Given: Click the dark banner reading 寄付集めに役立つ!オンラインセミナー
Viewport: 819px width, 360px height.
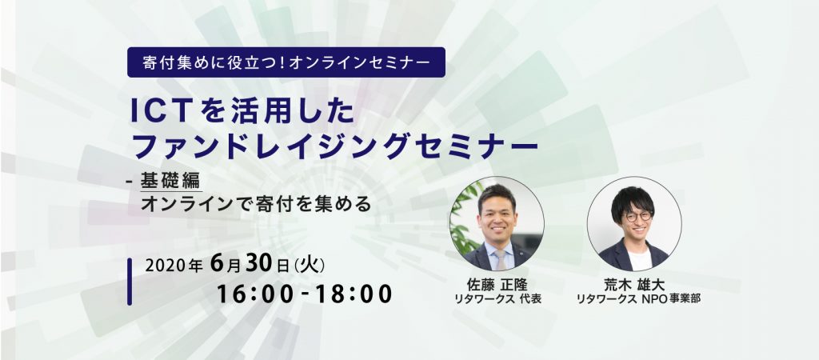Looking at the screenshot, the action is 286,62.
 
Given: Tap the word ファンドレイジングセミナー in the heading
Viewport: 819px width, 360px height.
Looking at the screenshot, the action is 335,146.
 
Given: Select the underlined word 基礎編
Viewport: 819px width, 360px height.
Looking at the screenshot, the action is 170,181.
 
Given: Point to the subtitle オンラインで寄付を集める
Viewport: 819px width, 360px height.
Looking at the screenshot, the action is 256,204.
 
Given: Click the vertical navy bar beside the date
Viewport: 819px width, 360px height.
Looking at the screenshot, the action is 130,282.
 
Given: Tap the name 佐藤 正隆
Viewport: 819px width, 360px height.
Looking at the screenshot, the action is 497,285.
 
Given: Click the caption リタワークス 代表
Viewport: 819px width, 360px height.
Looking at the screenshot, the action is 497,299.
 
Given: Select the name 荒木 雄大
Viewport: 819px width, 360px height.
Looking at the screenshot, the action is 634,285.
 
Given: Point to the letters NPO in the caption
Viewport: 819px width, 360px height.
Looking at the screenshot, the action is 653,299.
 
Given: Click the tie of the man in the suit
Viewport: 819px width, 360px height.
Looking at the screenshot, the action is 500,260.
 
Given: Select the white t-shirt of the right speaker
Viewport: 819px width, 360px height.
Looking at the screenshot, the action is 639,259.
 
